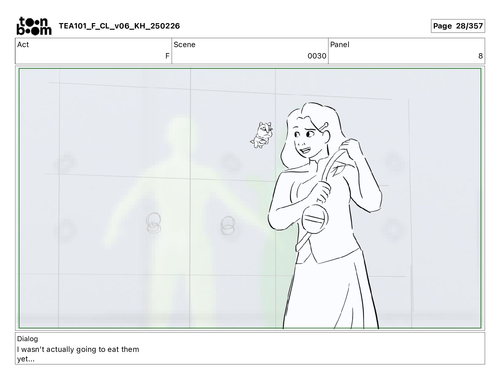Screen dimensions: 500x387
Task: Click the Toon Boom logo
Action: tap(34, 26)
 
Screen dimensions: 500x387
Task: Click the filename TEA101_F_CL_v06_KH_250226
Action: tap(119, 26)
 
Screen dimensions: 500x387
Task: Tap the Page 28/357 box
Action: tap(458, 26)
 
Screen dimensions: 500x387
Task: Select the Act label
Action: tap(23, 45)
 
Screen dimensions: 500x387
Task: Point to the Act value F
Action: tap(167, 56)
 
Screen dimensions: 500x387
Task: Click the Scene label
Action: tap(184, 45)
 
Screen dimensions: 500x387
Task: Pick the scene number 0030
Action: tap(317, 56)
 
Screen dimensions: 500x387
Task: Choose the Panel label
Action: tap(340, 45)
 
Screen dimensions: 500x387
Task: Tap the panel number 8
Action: tap(480, 56)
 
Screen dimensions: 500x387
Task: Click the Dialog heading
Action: tap(27, 339)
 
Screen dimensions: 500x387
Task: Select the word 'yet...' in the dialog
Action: tap(26, 359)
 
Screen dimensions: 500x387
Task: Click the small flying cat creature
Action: tap(262, 135)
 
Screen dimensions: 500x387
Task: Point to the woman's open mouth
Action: tap(305, 150)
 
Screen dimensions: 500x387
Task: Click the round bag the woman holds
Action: tap(314, 219)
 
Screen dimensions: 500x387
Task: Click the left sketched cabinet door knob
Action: tap(153, 223)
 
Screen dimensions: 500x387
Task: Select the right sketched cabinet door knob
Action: tap(228, 226)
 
